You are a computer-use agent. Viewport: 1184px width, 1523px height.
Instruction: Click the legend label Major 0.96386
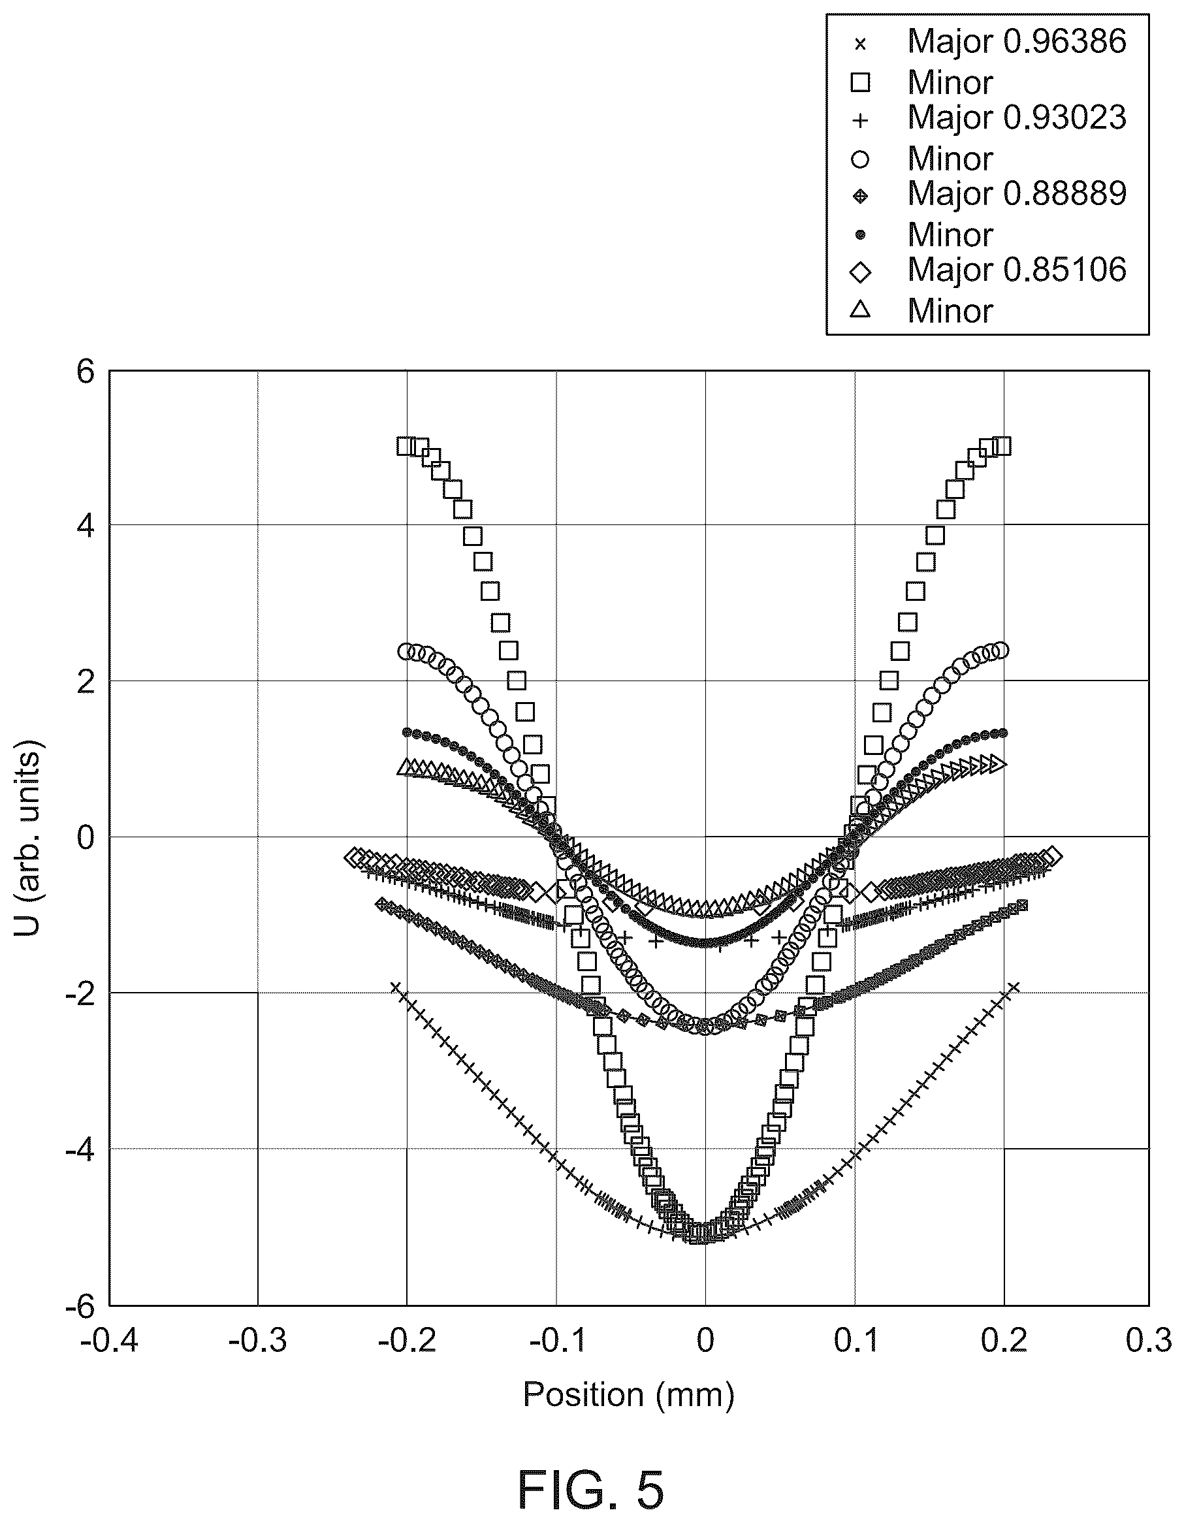coord(1017,41)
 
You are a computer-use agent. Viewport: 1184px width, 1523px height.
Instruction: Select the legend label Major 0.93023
coord(1017,117)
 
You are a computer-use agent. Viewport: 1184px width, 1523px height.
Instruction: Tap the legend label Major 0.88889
coord(1017,193)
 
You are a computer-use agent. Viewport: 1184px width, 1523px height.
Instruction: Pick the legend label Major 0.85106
coord(1017,269)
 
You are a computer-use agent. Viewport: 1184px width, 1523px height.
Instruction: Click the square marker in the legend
coord(861,83)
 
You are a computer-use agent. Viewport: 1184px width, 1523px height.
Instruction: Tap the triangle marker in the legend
coord(861,309)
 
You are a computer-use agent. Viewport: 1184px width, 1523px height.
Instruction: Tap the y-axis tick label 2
coord(85,682)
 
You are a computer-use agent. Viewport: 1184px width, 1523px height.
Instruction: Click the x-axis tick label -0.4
coord(110,1340)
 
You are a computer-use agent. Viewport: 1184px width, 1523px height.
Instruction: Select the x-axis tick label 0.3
coord(1149,1340)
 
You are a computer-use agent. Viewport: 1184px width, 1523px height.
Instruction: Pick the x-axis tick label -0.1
coord(558,1340)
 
